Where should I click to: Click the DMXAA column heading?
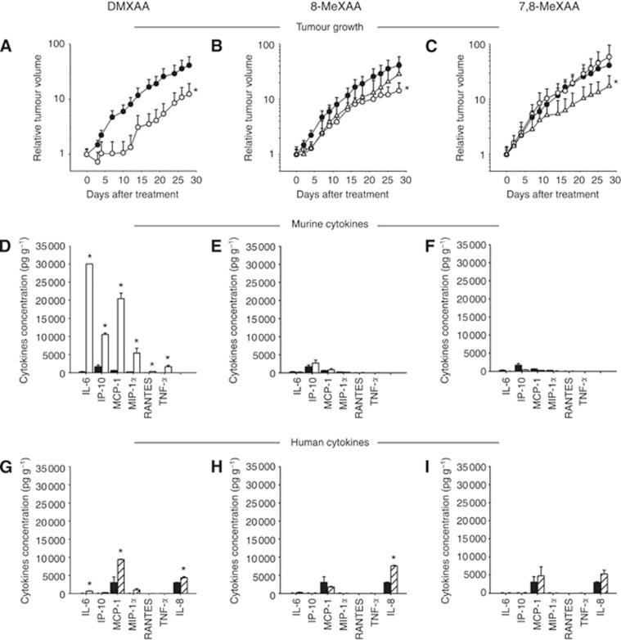pyautogui.click(x=92, y=7)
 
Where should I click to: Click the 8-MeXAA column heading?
pyautogui.click(x=289, y=7)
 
